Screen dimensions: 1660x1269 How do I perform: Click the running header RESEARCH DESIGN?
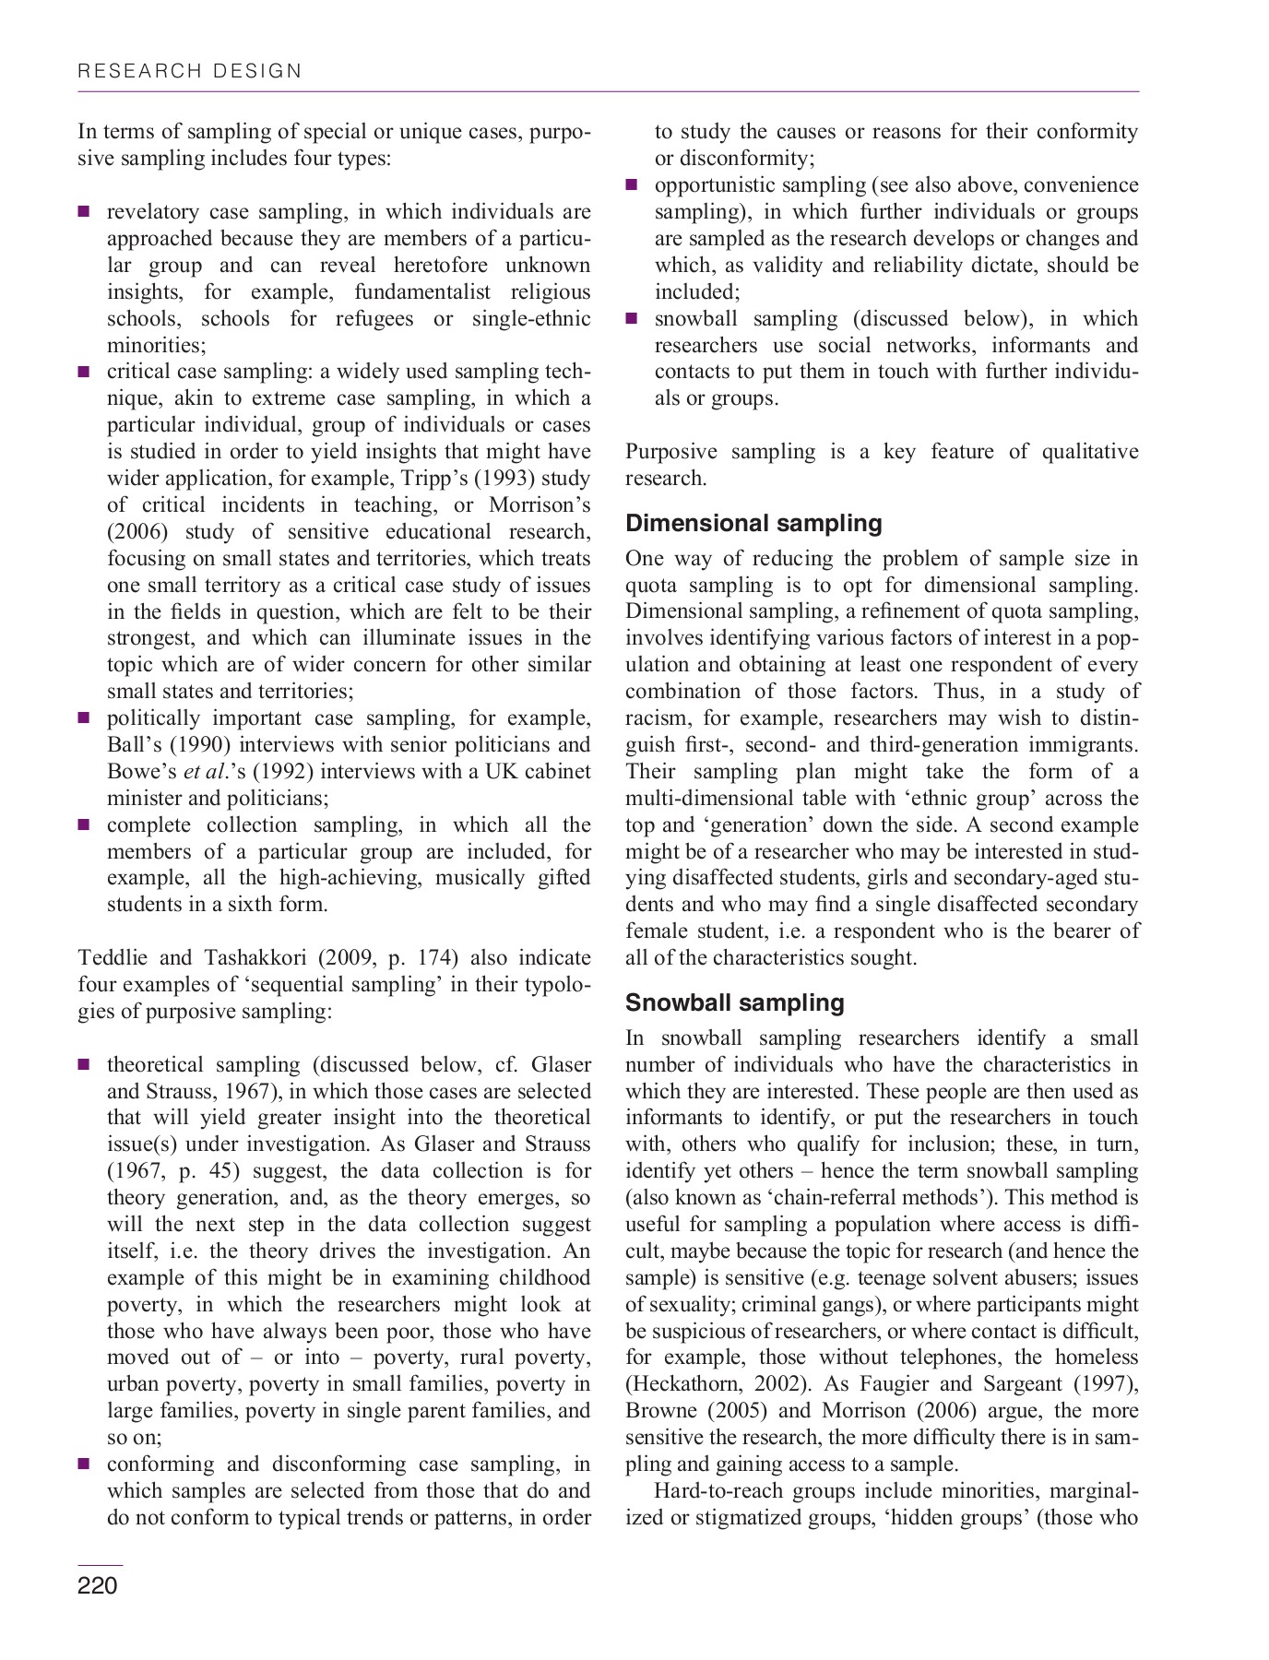coord(190,71)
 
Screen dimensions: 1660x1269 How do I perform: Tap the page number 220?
coord(98,1585)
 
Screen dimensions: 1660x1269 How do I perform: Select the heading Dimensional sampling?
coord(753,523)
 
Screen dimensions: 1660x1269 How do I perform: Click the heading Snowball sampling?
coord(734,1002)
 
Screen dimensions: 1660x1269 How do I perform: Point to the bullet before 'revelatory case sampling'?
coord(84,212)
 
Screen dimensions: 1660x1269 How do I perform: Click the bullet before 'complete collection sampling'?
coord(84,825)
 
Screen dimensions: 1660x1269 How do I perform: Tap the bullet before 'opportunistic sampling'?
coord(632,185)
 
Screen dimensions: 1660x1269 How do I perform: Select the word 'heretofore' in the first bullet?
coord(440,266)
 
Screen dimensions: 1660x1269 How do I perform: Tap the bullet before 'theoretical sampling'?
coord(84,1065)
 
